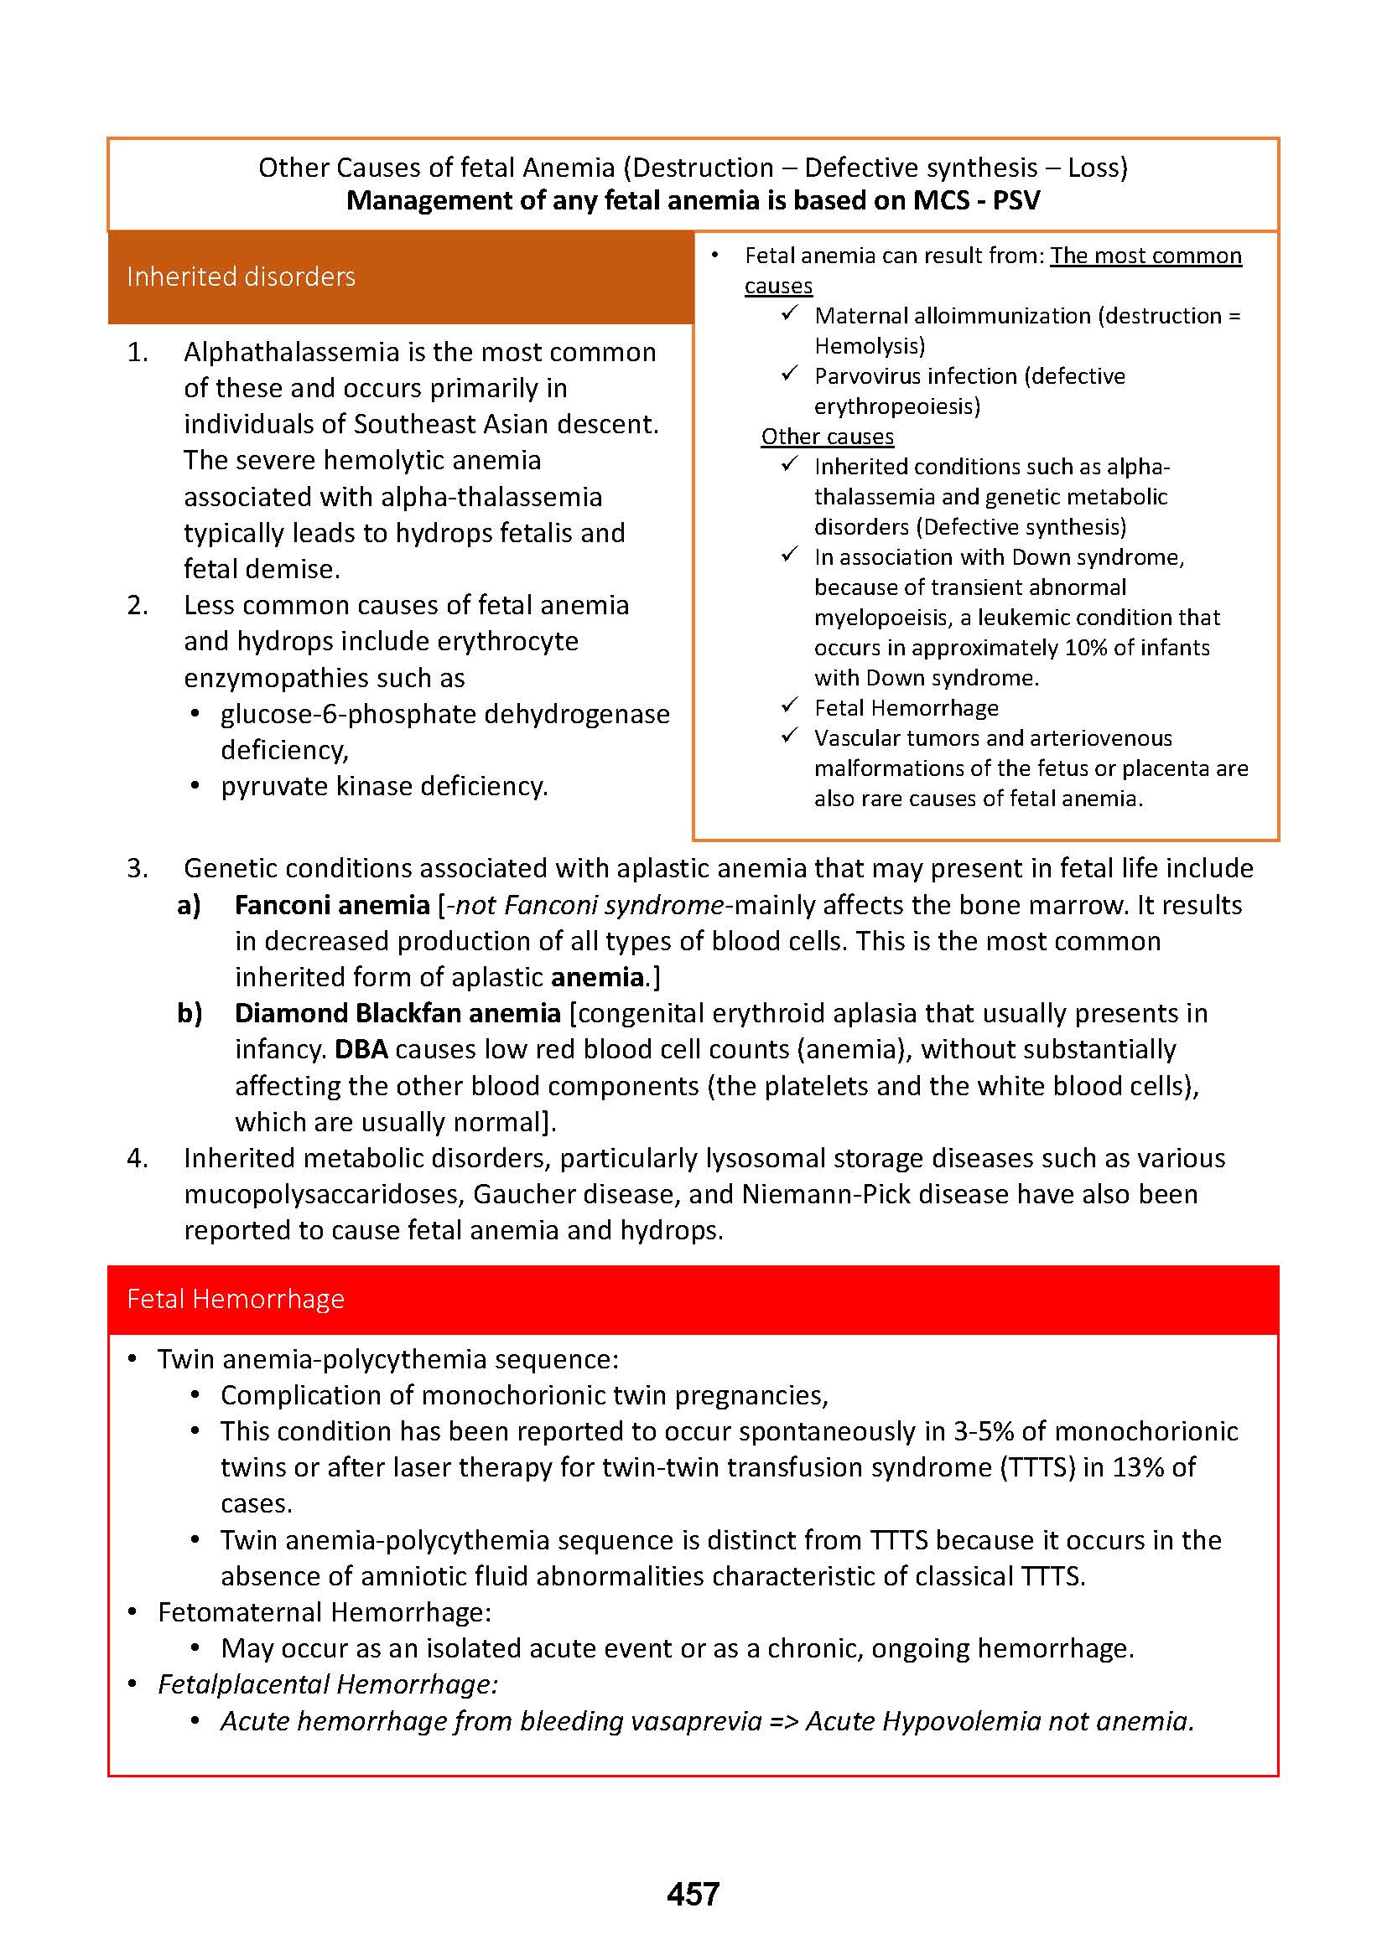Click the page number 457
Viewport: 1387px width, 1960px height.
693,1895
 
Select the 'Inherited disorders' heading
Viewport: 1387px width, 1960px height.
241,277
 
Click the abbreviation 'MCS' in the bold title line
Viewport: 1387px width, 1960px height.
941,200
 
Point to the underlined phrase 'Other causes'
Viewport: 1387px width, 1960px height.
827,437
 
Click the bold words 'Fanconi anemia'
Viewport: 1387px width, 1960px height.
332,905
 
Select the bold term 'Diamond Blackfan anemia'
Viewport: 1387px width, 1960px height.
397,1013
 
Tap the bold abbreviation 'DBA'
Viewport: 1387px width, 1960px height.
361,1049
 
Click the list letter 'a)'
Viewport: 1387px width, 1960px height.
189,905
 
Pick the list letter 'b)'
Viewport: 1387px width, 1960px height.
190,1013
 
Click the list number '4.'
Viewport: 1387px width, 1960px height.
138,1158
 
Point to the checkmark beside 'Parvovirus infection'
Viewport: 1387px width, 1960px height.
789,374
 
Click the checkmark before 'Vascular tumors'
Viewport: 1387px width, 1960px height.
789,736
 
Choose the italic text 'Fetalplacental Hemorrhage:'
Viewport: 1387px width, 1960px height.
328,1684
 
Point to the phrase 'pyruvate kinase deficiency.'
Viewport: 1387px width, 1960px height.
384,786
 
